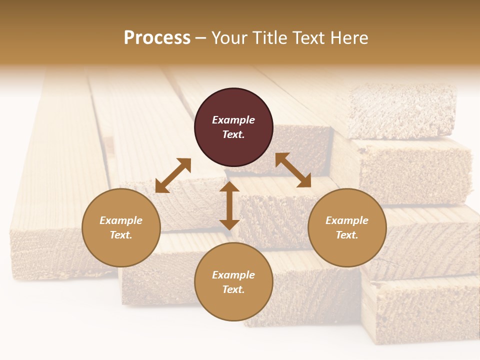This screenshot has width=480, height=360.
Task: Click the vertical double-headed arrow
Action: click(229, 205)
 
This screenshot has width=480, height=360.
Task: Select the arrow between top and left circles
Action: click(173, 175)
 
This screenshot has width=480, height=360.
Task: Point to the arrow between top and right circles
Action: click(293, 170)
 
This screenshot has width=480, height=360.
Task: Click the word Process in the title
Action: click(157, 37)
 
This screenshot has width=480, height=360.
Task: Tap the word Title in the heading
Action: click(268, 37)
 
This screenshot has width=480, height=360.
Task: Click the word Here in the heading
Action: click(349, 37)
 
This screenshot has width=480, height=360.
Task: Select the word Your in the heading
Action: click(227, 37)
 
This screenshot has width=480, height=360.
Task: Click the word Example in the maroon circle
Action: click(233, 120)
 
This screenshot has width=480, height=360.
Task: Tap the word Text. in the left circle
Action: click(121, 235)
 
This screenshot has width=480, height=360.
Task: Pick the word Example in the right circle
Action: click(347, 220)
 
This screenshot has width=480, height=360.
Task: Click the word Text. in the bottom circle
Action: click(233, 289)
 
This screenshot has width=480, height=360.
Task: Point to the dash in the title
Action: click(201, 38)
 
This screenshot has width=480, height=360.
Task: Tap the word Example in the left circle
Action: click(121, 220)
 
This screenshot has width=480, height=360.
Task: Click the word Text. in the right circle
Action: click(347, 235)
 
